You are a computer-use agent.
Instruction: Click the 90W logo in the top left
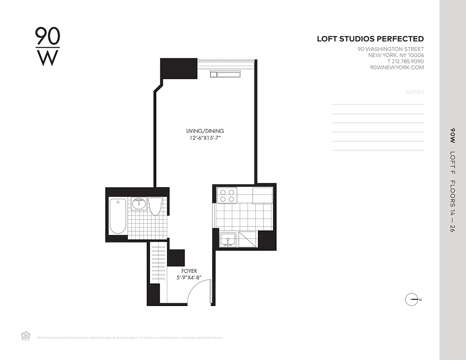pos(47,47)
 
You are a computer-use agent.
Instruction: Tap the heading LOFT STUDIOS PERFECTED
pos(370,39)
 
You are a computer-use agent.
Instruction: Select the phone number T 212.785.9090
pos(405,62)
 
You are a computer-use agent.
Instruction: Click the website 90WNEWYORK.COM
pos(397,67)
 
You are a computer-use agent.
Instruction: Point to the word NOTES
pos(415,92)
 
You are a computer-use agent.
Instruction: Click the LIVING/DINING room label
pos(205,131)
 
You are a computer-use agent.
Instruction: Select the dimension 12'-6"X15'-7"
pos(205,138)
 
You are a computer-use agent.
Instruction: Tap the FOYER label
pos(189,271)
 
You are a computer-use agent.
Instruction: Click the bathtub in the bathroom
pos(118,216)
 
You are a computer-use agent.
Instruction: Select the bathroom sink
pos(139,204)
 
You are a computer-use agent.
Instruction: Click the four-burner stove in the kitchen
pos(226,195)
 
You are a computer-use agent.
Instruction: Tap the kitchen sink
pos(228,240)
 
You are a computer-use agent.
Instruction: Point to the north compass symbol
pos(412,300)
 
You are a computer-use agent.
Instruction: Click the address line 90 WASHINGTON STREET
pos(390,49)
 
